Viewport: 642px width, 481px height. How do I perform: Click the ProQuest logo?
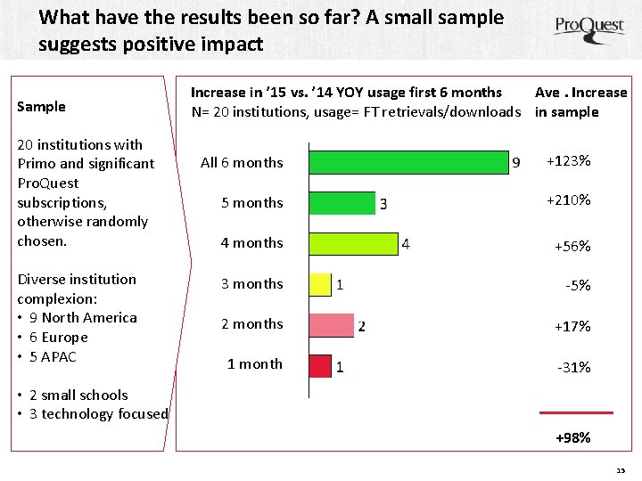click(x=589, y=29)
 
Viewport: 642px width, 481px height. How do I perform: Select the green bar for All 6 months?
click(x=408, y=162)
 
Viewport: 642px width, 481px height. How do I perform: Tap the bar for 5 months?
click(x=342, y=203)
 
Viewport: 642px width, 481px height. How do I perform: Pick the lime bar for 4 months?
click(x=353, y=244)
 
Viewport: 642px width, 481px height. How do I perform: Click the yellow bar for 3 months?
click(x=320, y=284)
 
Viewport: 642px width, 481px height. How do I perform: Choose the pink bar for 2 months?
click(x=331, y=325)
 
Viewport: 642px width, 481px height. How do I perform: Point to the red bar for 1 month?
click(x=320, y=366)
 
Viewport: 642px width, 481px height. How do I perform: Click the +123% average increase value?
click(x=569, y=160)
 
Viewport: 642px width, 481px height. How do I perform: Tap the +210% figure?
click(x=569, y=200)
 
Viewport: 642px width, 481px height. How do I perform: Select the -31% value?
click(x=574, y=367)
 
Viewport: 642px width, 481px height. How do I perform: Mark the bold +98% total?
click(x=573, y=437)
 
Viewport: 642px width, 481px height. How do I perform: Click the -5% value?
click(x=578, y=285)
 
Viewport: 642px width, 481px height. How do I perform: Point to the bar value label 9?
click(x=516, y=163)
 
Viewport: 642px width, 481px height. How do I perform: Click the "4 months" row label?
click(x=251, y=243)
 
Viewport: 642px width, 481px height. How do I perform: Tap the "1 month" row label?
click(x=255, y=363)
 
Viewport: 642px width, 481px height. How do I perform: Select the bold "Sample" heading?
click(x=41, y=107)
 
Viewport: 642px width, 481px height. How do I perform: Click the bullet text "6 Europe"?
click(x=59, y=337)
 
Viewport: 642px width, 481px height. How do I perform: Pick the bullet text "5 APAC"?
click(x=53, y=356)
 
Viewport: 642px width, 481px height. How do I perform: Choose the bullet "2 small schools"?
click(x=78, y=395)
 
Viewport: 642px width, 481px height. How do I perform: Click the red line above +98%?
click(x=577, y=413)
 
